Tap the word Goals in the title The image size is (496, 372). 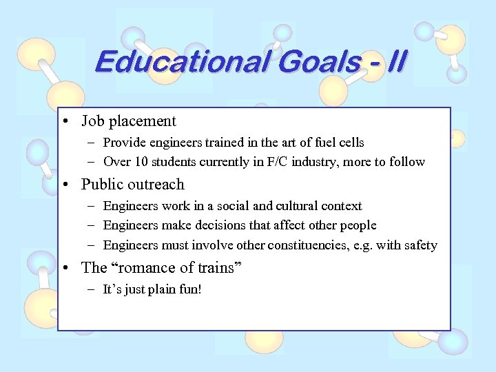click(x=309, y=62)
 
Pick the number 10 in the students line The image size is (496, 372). click(x=136, y=162)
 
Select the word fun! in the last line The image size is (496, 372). click(x=189, y=289)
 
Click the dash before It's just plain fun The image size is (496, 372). click(x=93, y=289)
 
